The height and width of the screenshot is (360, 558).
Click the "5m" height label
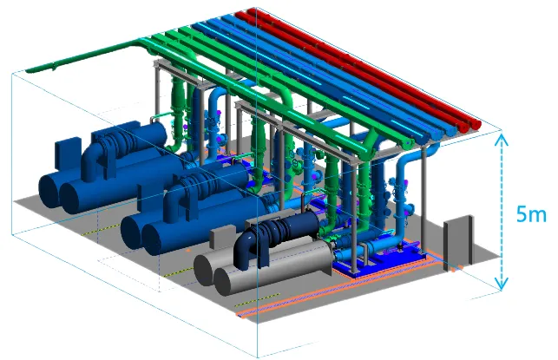point(531,214)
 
